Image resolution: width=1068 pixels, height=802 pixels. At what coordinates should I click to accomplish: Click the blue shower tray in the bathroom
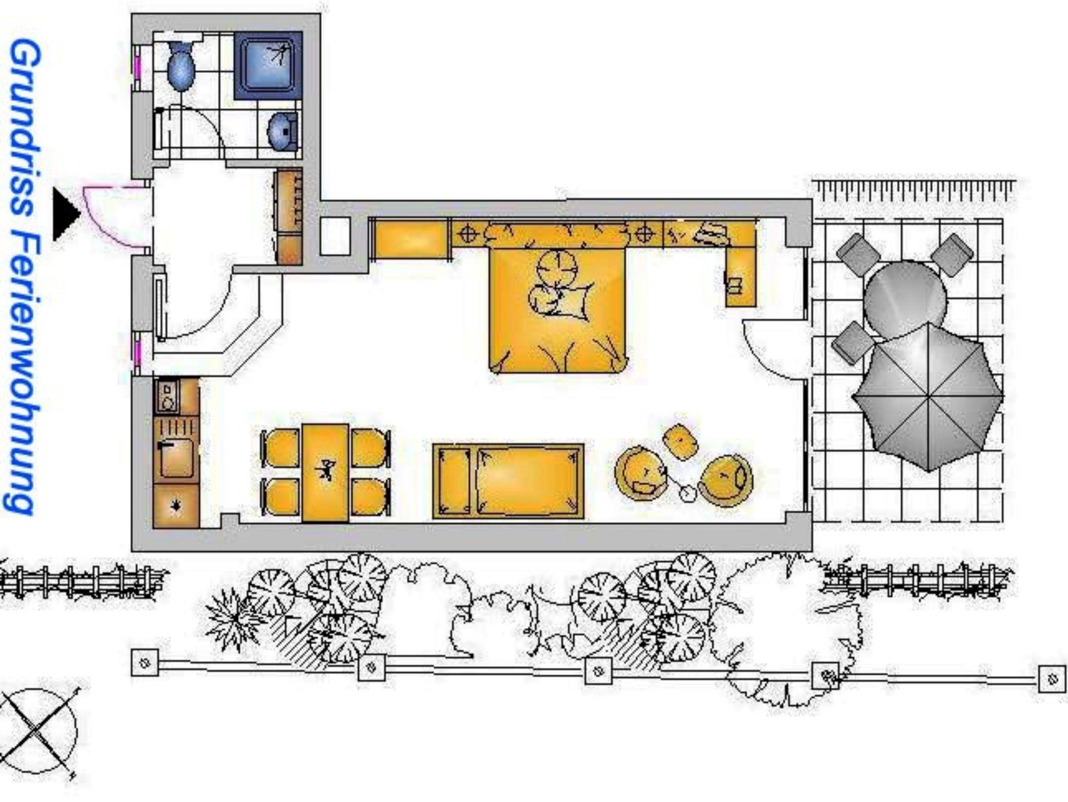268,66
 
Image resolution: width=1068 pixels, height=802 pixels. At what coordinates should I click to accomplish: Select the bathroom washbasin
283,131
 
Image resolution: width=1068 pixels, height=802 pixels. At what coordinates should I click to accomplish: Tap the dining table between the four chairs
325,473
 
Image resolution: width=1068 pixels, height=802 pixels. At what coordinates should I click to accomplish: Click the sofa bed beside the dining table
508,481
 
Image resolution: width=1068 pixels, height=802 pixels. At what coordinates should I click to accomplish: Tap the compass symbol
38,731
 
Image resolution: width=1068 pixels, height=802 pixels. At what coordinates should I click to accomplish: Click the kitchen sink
176,458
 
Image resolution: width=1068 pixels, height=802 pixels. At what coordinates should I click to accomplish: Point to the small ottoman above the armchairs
680,442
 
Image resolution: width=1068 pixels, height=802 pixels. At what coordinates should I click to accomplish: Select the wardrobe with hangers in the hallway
288,217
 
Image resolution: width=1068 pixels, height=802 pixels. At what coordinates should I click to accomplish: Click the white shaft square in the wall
335,236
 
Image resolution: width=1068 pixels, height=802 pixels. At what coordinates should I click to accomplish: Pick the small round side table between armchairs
687,493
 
